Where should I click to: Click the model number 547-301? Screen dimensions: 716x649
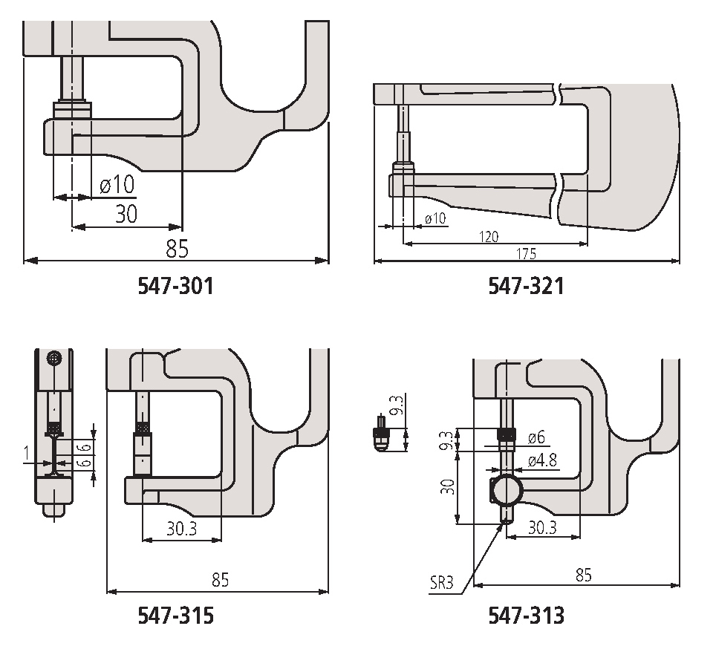(175, 286)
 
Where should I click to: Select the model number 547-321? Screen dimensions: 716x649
(526, 286)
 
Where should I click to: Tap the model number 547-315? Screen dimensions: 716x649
(175, 616)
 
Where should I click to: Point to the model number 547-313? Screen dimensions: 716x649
(526, 616)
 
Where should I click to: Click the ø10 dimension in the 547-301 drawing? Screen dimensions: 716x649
(117, 184)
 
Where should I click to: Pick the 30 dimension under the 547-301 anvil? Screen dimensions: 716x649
(126, 214)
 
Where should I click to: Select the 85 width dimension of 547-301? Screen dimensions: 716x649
(177, 248)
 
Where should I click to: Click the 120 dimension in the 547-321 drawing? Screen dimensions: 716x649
(489, 236)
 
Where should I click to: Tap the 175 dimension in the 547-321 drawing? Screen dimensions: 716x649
(526, 253)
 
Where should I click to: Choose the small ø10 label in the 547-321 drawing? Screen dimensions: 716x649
(435, 218)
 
